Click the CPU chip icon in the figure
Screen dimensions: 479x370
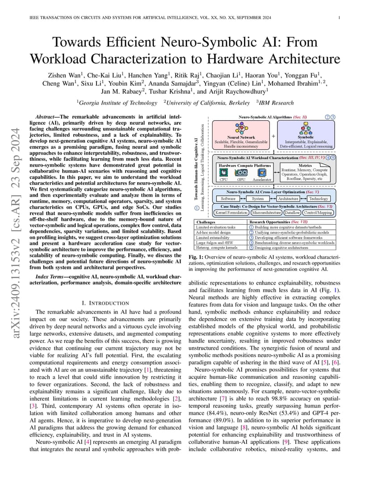tap(224, 172)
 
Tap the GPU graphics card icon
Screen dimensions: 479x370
tap(241, 172)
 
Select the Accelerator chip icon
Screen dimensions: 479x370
tap(262, 172)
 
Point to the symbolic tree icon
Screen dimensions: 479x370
tap(306, 130)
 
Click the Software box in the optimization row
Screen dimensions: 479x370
tap(228, 198)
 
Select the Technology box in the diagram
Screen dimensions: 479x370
tap(318, 198)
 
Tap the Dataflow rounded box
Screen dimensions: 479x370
tap(292, 213)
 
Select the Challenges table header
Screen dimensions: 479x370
tap(206, 222)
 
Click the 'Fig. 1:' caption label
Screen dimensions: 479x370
tap(197, 258)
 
